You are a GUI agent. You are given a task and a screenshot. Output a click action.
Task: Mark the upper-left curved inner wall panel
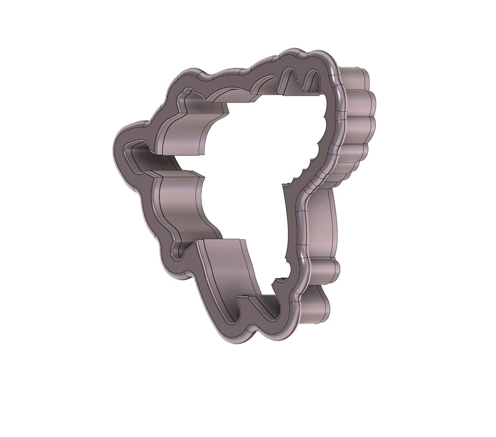[190, 128]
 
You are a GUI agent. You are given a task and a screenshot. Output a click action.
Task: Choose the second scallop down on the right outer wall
[364, 101]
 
